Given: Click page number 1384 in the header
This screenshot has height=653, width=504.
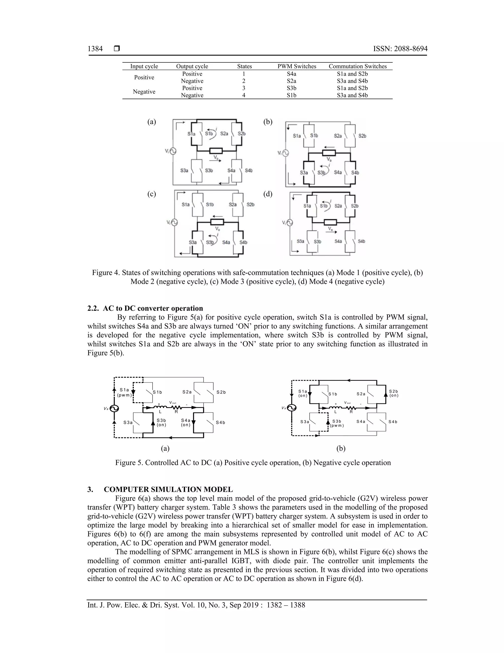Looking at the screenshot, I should (95, 49).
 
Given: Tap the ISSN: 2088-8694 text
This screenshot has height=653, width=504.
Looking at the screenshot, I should (400, 49).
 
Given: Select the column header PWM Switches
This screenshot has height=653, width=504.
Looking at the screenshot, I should (297, 66).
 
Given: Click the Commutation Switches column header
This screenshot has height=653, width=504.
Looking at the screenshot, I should (357, 66).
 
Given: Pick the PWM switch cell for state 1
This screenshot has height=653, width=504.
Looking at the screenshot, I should (291, 74).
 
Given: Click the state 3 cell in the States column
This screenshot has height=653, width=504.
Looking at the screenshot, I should (244, 88).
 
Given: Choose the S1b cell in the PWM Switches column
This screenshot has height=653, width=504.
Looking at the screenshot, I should (291, 95).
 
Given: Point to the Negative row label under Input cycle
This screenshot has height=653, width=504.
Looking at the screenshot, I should (144, 92).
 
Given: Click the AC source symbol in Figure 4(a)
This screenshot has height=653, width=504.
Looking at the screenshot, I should (173, 152).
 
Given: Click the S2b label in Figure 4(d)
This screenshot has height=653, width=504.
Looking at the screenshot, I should (354, 206).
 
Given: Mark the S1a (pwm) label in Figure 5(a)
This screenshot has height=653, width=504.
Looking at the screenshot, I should (124, 392).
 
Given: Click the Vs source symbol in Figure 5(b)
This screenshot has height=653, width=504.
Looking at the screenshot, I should (291, 408).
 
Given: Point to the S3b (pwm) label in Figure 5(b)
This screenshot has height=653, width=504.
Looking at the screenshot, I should (337, 423).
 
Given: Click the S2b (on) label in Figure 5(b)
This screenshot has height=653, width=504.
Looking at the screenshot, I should (394, 393).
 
